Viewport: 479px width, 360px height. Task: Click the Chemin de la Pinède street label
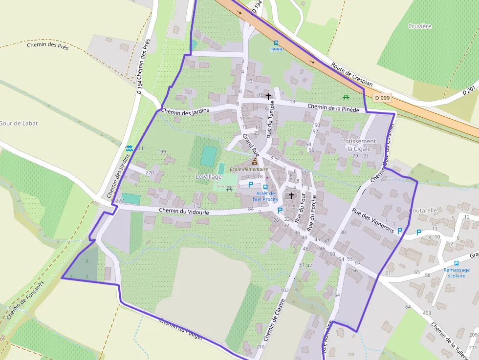click(x=333, y=107)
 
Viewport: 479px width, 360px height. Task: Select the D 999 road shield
click(x=383, y=98)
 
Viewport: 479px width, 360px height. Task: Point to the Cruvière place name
click(x=420, y=26)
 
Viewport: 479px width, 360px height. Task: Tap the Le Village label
click(x=209, y=176)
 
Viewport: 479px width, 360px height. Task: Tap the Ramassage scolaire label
click(x=457, y=273)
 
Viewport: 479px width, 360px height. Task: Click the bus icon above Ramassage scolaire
click(x=457, y=263)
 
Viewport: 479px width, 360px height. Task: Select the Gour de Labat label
click(x=19, y=124)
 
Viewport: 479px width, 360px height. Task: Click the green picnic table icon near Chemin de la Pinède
click(x=346, y=96)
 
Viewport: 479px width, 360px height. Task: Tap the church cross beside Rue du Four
click(x=291, y=195)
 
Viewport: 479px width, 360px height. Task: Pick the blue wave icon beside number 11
click(x=129, y=148)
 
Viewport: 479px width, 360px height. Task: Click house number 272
click(x=119, y=201)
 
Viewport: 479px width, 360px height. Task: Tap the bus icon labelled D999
click(x=276, y=43)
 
